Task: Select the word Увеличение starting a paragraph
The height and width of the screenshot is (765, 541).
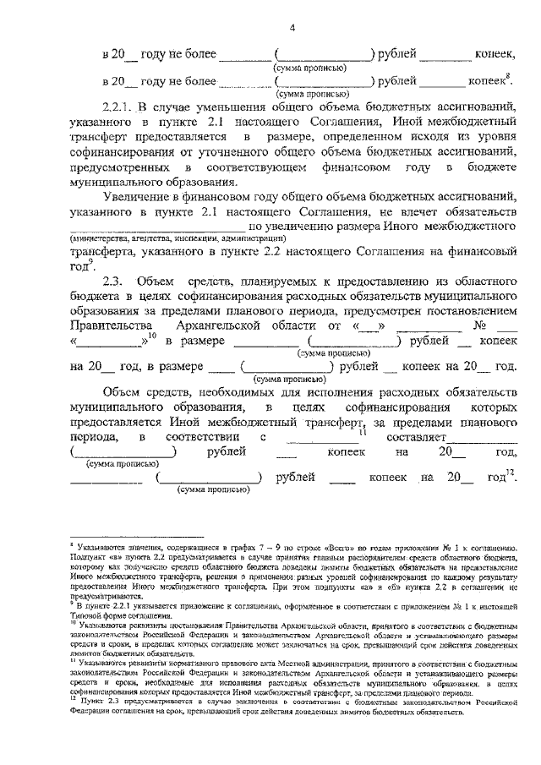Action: [137, 194]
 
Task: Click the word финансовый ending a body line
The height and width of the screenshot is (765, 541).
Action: [487, 250]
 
